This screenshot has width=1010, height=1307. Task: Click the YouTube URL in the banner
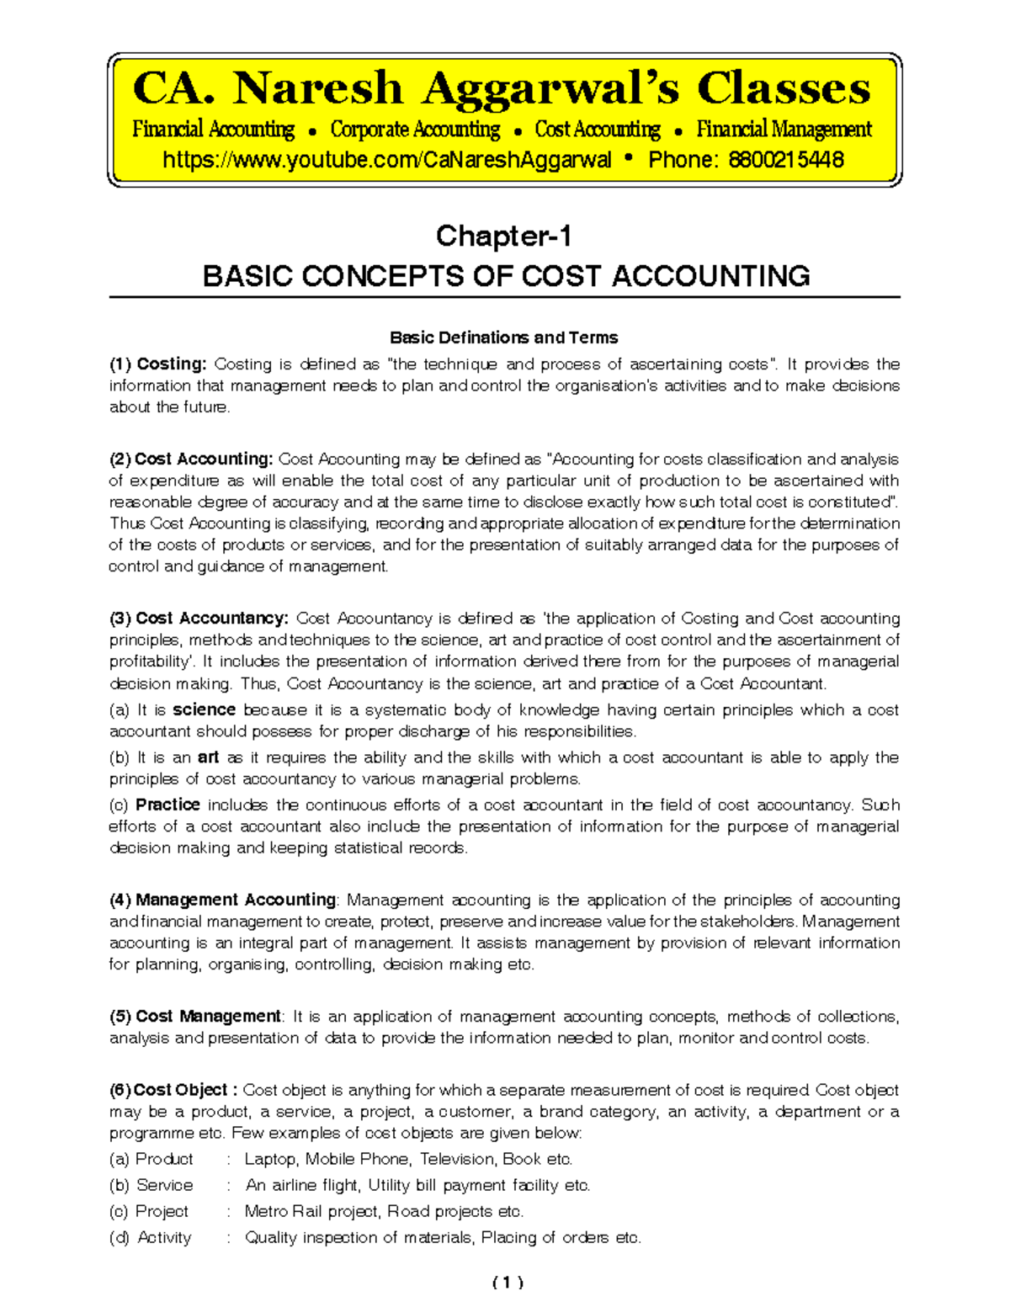point(387,160)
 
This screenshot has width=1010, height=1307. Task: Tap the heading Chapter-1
point(504,236)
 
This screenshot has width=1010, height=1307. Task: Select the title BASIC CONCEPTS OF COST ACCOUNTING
point(506,276)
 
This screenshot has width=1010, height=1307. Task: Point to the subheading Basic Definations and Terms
point(503,337)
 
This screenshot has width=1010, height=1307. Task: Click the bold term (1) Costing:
point(158,364)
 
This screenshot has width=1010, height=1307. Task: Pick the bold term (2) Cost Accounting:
point(191,460)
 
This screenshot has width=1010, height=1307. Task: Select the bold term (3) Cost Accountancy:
point(199,619)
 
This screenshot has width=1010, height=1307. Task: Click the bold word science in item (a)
point(204,710)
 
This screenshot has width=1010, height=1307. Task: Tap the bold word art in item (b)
point(208,757)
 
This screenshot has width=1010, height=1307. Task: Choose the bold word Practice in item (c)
point(167,805)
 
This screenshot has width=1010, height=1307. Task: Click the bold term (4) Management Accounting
point(223,900)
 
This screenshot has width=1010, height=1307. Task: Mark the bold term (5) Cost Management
point(195,1017)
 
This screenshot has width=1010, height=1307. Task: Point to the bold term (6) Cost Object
point(168,1090)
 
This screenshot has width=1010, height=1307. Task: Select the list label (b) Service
point(151,1185)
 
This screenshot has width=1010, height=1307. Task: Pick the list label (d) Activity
point(151,1237)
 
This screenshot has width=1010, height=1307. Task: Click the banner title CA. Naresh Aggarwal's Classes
point(502,89)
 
